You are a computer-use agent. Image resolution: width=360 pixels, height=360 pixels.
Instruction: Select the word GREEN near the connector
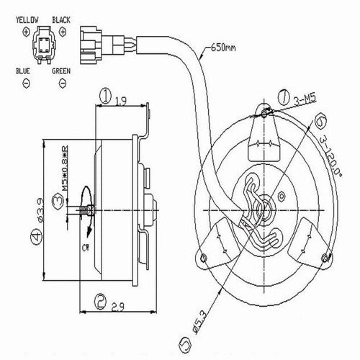(x=61, y=73)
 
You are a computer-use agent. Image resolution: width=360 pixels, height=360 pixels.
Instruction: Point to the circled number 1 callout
(x=105, y=95)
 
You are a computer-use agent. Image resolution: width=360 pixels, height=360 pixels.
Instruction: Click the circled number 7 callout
(x=282, y=94)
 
